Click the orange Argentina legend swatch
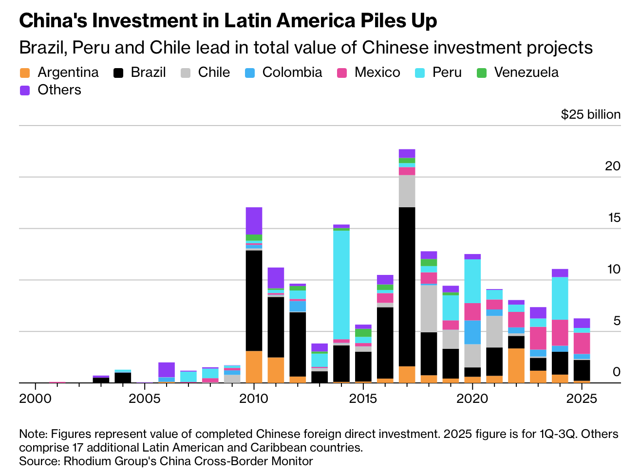[x=25, y=73]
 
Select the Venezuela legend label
[x=526, y=72]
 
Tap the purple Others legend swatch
[x=25, y=91]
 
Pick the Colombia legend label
[x=292, y=72]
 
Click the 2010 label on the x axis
[x=254, y=399]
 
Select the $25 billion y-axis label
[x=590, y=115]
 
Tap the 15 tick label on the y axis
[x=614, y=217]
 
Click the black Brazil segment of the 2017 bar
[x=407, y=287]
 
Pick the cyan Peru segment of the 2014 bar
[x=341, y=285]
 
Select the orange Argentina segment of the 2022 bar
[x=516, y=365]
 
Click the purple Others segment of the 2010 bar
[x=254, y=221]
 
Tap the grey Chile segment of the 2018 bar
[x=429, y=308]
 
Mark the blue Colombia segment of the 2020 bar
[x=472, y=332]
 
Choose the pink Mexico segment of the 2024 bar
[x=560, y=333]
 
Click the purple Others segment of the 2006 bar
[x=167, y=370]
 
